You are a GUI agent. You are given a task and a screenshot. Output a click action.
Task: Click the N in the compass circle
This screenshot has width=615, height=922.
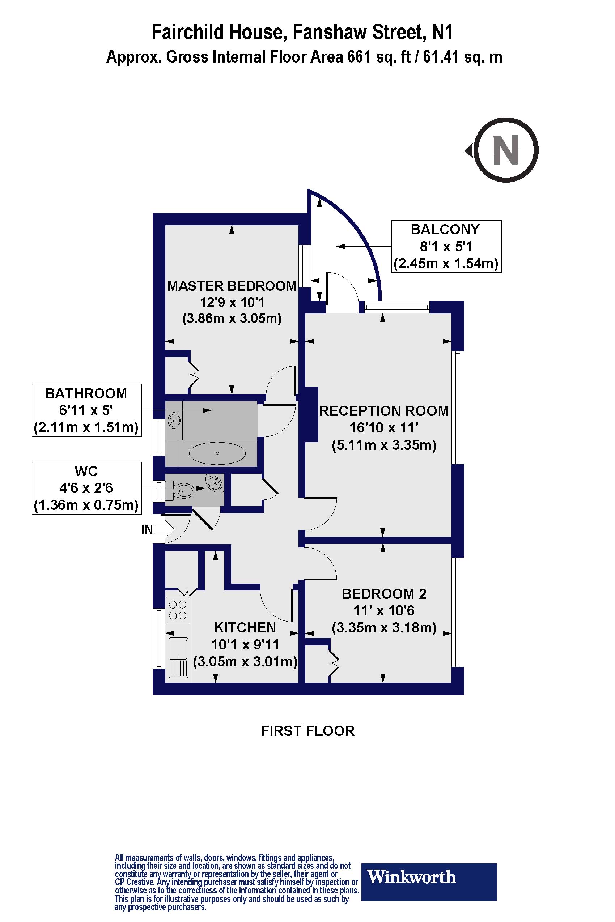506,150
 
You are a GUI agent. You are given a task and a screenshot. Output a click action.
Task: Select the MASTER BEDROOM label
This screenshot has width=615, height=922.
232,286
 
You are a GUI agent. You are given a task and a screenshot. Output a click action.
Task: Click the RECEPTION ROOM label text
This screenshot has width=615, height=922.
384,410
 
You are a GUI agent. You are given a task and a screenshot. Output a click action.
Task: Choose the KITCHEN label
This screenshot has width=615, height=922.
245,628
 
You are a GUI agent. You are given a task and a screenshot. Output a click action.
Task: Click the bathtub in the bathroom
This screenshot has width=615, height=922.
217,453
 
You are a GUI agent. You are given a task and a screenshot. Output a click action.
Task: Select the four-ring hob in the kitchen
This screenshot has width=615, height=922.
177,610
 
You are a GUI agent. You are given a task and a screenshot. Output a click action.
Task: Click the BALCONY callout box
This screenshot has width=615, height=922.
446,246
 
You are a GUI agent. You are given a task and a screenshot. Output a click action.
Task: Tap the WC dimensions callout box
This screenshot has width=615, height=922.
86,488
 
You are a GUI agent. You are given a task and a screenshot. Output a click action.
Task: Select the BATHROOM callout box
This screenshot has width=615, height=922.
86,410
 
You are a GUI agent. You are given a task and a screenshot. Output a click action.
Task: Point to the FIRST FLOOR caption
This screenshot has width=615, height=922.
307,731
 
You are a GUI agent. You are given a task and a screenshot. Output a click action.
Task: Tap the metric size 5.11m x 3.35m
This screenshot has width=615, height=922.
384,445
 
